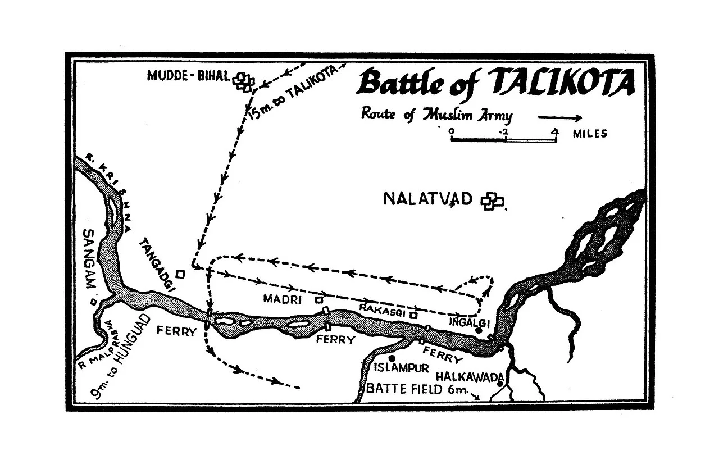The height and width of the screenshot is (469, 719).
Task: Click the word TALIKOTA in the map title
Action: pyautogui.click(x=563, y=83)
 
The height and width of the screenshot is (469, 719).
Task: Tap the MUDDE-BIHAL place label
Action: pyautogui.click(x=189, y=76)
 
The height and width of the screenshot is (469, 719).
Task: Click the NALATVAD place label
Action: pyautogui.click(x=428, y=199)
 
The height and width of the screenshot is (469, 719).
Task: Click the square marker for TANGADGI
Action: pyautogui.click(x=180, y=274)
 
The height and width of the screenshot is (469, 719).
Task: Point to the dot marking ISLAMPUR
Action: pyautogui.click(x=392, y=358)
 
